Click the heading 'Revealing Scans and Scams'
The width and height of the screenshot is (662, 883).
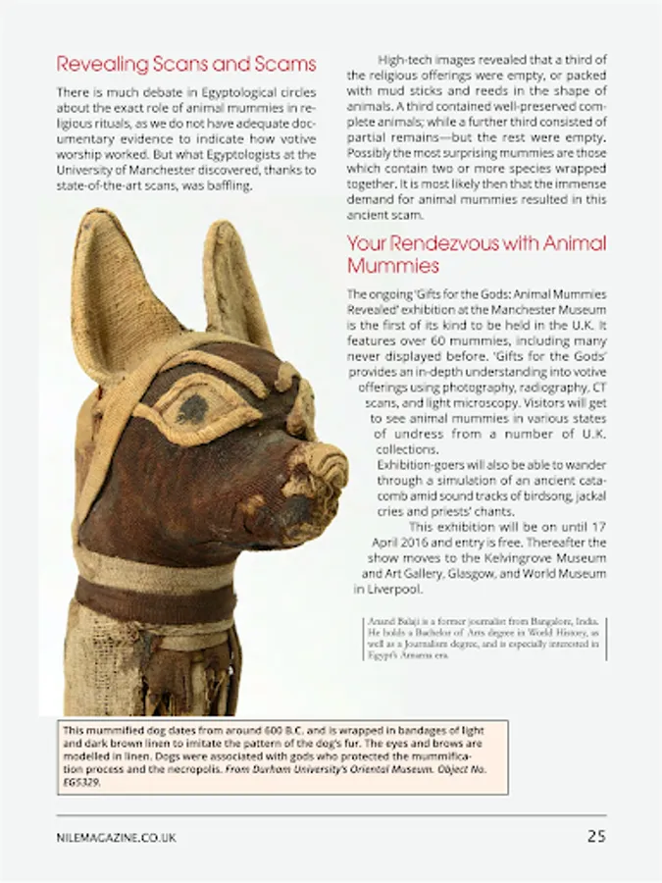[x=186, y=65]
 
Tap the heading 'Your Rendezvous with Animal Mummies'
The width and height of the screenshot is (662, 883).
[x=476, y=254]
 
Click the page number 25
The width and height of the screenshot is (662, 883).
[x=596, y=837]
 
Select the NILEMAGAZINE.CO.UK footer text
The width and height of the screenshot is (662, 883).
[x=117, y=838]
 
